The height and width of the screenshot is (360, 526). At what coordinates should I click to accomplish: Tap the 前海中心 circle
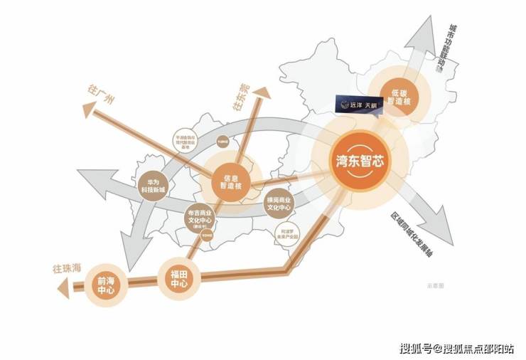click(106, 286)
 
